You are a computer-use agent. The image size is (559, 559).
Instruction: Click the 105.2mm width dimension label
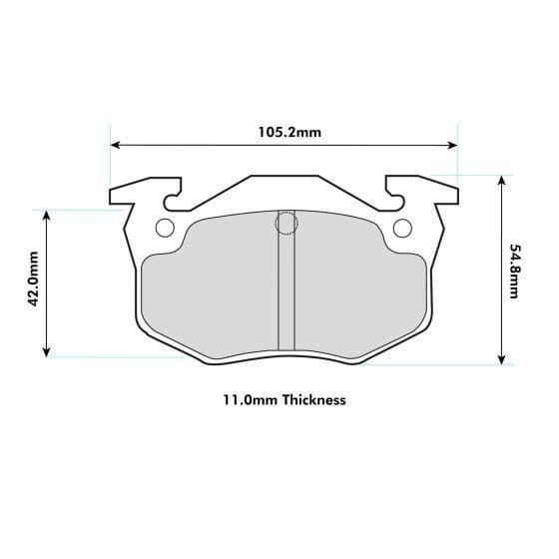coord(283,131)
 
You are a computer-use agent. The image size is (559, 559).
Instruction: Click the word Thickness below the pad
coord(313,400)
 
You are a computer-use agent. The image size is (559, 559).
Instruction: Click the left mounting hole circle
coord(165,228)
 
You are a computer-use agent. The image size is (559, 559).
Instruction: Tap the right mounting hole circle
coord(402,228)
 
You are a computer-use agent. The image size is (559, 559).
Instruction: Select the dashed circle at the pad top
coord(286,223)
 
